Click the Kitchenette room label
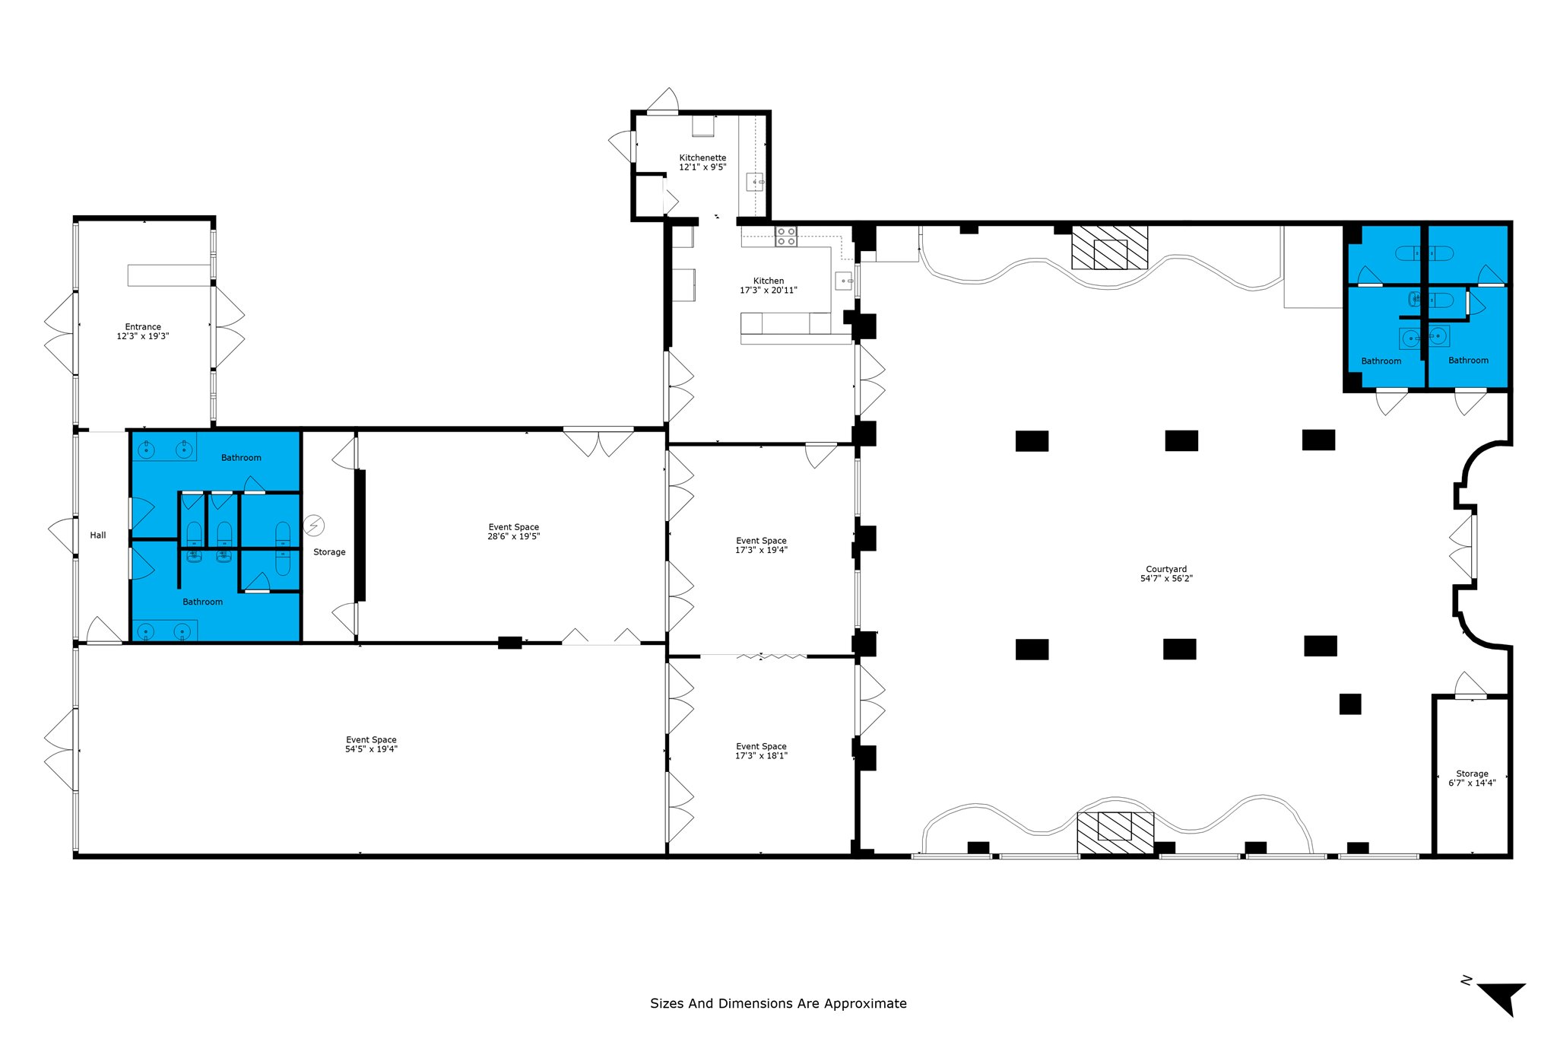click(x=702, y=157)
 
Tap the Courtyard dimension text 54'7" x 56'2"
click(x=1166, y=579)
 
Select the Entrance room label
click(x=143, y=327)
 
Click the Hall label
click(x=98, y=535)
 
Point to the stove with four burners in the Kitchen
click(x=786, y=237)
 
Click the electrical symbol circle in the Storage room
click(x=314, y=525)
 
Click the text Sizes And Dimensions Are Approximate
click(x=778, y=1003)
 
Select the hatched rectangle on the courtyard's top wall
click(x=1109, y=247)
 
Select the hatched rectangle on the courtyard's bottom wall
click(x=1115, y=832)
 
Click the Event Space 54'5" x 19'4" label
click(x=371, y=745)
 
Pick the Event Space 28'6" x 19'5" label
click(x=514, y=532)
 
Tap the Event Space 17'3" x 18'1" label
click(x=761, y=751)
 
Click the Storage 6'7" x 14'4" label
click(x=1472, y=778)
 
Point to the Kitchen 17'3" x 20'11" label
click(x=769, y=285)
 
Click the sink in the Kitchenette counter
click(x=755, y=182)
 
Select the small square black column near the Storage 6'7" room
click(x=1349, y=704)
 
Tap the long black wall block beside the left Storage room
click(x=360, y=535)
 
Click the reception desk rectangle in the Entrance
click(x=168, y=275)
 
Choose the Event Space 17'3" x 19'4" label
click(x=761, y=545)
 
